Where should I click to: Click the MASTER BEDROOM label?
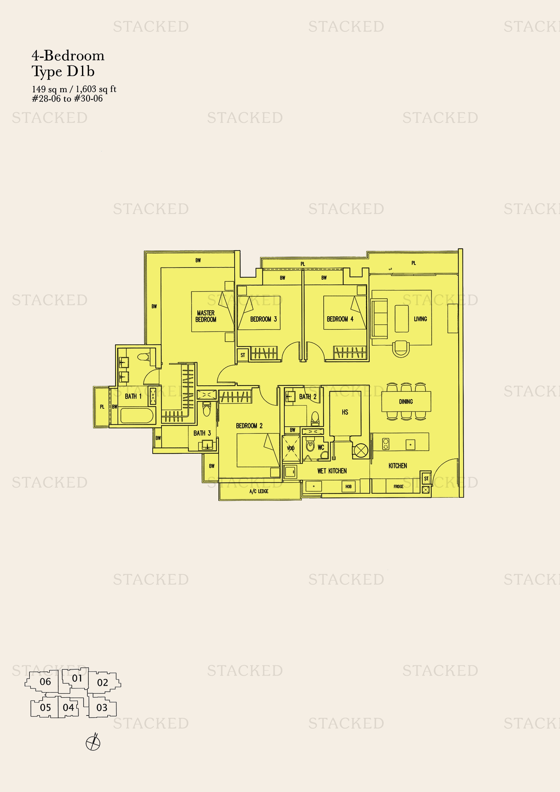[206, 316]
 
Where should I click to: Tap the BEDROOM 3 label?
[263, 319]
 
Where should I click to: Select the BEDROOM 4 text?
[340, 319]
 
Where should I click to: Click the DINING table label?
[406, 402]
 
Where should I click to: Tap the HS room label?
[345, 412]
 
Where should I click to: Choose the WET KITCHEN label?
[332, 471]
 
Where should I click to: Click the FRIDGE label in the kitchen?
[398, 486]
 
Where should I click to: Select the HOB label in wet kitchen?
[348, 486]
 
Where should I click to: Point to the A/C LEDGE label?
[259, 491]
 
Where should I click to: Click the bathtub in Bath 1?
[136, 416]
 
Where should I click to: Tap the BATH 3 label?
[202, 433]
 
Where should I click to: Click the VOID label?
[291, 448]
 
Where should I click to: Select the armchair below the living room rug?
[401, 348]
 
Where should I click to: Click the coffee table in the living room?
[402, 318]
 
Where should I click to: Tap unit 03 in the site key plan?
[102, 707]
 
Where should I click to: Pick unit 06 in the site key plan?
[45, 682]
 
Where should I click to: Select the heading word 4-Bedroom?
[68, 56]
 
